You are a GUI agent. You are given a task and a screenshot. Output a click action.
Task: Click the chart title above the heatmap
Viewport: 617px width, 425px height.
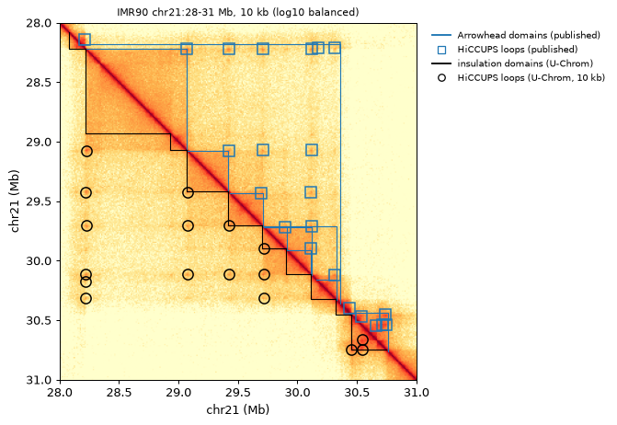pos(237,12)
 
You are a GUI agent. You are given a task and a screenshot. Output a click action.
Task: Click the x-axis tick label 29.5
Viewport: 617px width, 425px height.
pos(238,393)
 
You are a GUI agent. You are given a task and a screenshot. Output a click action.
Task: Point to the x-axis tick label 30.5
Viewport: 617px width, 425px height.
pos(357,393)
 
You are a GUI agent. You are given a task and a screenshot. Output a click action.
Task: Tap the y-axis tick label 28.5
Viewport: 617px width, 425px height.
pos(39,83)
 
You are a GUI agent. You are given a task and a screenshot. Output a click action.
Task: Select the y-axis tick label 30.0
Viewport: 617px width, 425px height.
pos(39,261)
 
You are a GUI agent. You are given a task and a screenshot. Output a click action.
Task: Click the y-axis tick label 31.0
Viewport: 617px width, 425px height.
pos(39,380)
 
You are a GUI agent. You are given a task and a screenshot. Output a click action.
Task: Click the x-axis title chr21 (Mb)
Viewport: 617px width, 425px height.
pos(238,409)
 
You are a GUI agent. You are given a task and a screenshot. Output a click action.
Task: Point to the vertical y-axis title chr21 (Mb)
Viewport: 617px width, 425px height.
pos(15,201)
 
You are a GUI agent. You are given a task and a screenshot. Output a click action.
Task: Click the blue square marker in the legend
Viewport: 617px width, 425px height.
pos(442,50)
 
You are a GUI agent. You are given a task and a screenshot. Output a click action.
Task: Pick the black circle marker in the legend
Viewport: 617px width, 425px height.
pos(442,78)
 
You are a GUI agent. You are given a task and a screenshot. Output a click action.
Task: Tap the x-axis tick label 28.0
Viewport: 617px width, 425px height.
pos(60,393)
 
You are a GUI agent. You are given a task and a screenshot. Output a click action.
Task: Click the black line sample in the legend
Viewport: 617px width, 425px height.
pos(441,63)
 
